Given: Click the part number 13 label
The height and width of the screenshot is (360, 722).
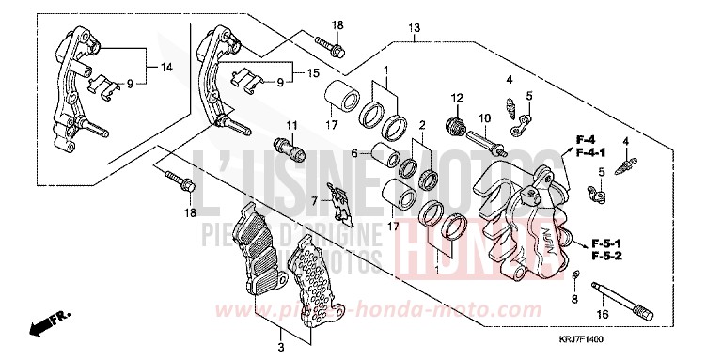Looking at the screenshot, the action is [415, 28].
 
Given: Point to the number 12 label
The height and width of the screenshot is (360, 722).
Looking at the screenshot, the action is [458, 97].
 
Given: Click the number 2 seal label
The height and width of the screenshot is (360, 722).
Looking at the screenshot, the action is [422, 124].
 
